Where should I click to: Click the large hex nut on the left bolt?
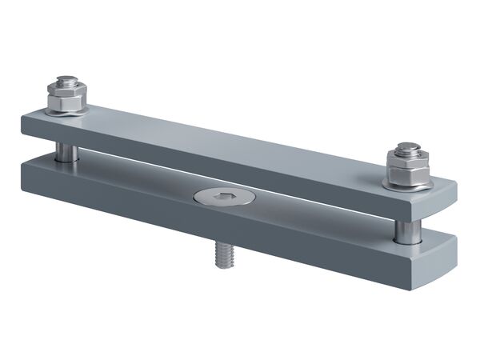click(66, 102)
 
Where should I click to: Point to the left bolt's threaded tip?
click(64, 78)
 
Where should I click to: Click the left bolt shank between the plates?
click(66, 150)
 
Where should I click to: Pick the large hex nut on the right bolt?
click(406, 171)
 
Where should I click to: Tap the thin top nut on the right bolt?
click(407, 154)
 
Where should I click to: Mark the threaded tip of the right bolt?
click(408, 147)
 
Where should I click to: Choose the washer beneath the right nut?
click(408, 185)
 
